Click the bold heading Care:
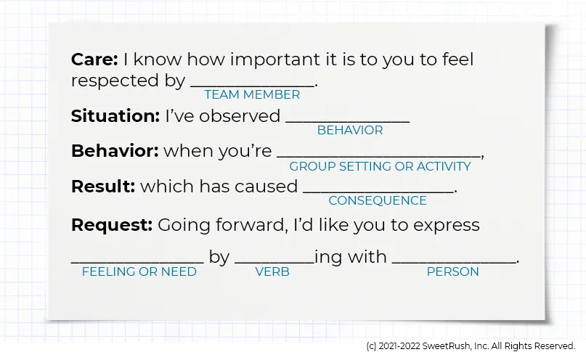(x=94, y=60)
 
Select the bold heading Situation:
(x=115, y=115)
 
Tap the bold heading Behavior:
(x=115, y=151)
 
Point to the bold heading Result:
(x=103, y=187)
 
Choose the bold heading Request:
(x=112, y=225)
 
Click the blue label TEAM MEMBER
(x=252, y=94)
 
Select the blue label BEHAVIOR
(x=350, y=131)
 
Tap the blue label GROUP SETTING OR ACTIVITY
(x=380, y=166)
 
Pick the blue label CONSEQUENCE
(x=378, y=201)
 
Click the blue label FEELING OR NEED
(x=139, y=271)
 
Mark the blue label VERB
(x=272, y=271)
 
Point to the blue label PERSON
(x=452, y=271)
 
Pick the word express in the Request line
(x=446, y=225)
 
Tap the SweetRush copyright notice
(x=471, y=346)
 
